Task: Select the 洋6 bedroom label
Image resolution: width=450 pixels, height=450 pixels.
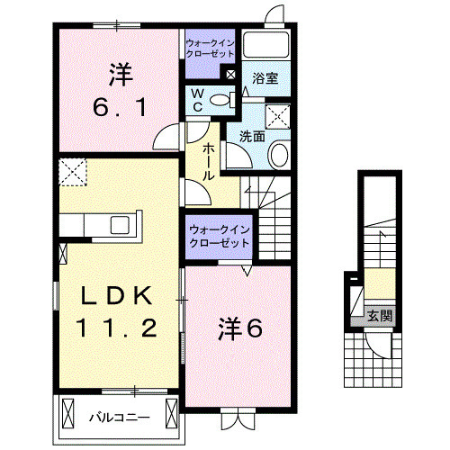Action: coord(240,328)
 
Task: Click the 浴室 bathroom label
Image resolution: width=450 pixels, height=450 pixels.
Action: coord(265,78)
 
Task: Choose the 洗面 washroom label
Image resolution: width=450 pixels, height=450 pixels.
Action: coord(252,137)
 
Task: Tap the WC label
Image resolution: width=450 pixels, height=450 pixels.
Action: coord(195,99)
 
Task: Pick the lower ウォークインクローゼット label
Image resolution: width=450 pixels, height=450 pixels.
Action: coord(220,236)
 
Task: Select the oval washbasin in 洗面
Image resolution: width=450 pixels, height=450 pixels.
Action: coord(279,154)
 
